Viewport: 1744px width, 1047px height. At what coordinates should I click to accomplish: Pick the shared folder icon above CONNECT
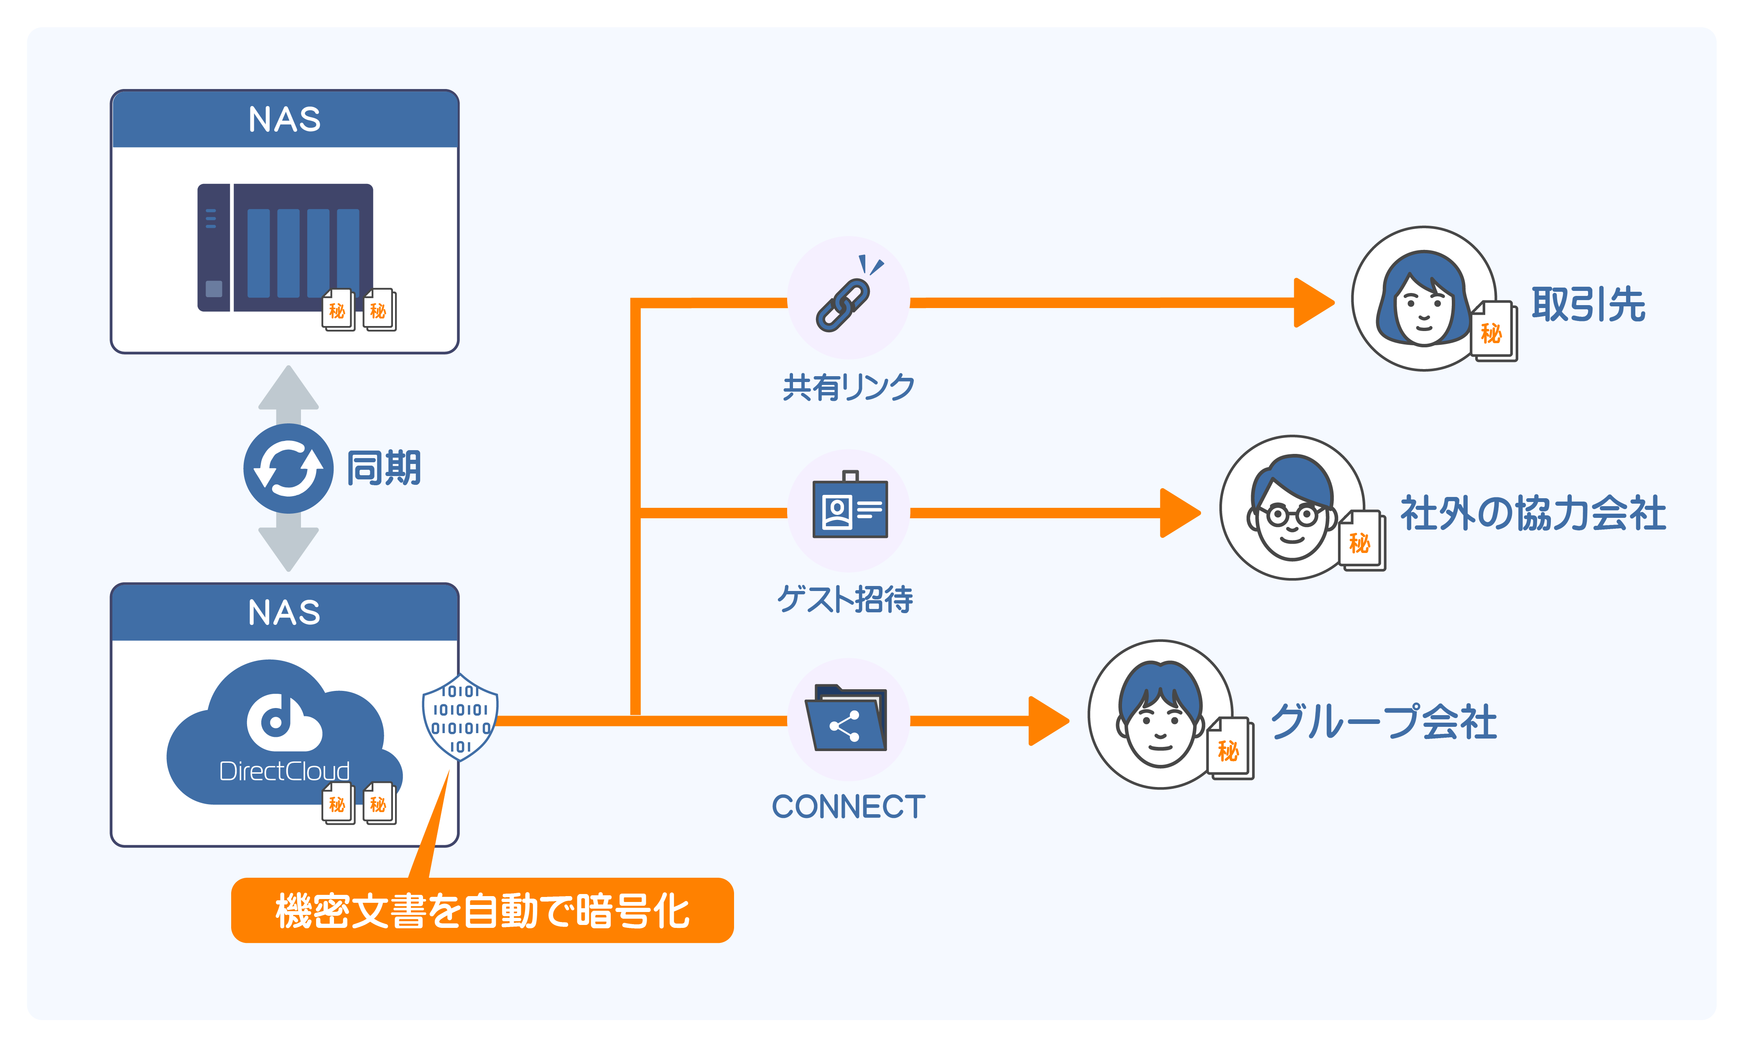(x=847, y=720)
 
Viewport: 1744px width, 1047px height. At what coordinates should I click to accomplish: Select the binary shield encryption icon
(x=460, y=718)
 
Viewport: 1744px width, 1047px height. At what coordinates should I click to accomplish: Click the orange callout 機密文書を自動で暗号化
(x=482, y=910)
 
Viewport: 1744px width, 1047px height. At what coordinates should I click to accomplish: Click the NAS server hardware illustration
(x=285, y=247)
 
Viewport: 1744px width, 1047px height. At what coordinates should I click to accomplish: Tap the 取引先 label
(x=1587, y=305)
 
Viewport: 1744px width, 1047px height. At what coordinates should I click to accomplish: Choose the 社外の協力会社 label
(x=1532, y=513)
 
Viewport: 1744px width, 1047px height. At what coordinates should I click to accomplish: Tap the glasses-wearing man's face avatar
(x=1291, y=512)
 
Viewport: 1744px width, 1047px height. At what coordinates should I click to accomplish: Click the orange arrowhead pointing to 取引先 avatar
(x=1312, y=303)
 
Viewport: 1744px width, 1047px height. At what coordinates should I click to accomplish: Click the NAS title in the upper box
(x=285, y=119)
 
